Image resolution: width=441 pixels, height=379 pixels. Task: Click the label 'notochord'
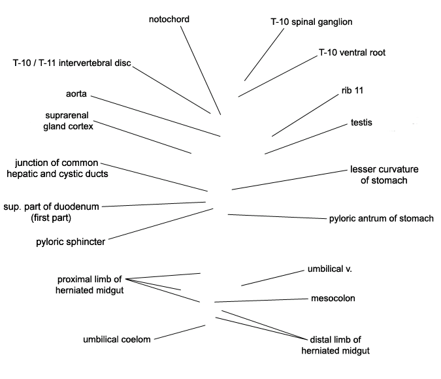[169, 20]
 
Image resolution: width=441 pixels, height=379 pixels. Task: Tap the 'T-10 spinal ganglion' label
[312, 22]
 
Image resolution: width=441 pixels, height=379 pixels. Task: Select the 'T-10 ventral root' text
[351, 52]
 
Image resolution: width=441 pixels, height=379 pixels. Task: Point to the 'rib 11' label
[352, 90]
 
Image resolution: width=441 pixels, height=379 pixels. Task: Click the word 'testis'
[361, 123]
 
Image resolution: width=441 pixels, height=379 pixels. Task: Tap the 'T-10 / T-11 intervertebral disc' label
[72, 63]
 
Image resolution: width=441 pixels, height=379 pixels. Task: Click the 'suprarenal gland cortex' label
[69, 121]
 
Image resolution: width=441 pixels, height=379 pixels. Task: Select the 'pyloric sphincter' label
[71, 242]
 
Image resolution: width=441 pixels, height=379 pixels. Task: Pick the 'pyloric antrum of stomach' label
[382, 219]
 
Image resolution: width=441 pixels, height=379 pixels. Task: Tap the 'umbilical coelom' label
[117, 339]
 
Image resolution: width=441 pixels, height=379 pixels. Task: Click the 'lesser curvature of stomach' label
[384, 174]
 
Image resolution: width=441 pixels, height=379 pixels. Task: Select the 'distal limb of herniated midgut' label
[336, 345]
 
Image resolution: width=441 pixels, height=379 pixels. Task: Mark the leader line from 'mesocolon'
[261, 301]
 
